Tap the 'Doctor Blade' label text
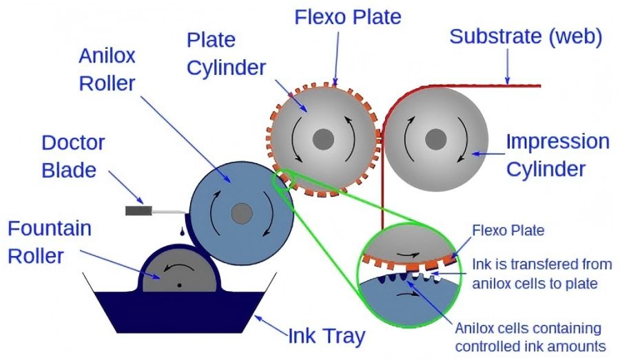click(73, 156)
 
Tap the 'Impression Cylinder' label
click(558, 155)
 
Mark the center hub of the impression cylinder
click(435, 140)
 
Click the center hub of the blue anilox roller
click(240, 214)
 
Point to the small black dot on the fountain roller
click(178, 284)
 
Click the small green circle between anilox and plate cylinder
click(285, 180)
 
